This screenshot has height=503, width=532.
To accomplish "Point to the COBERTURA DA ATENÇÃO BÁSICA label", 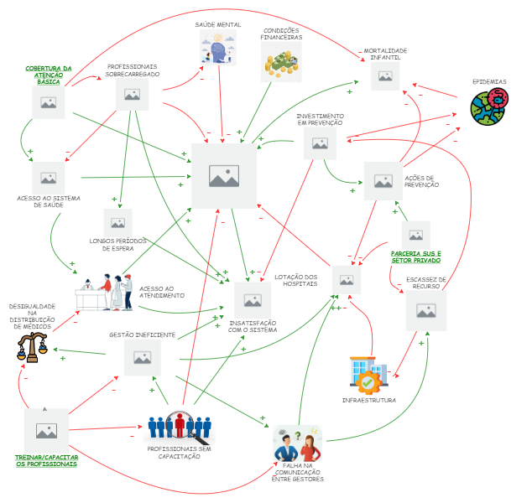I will coord(49,75).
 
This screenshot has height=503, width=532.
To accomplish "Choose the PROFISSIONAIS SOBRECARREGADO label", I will coord(133,70).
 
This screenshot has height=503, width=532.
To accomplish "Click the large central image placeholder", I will coord(223,176).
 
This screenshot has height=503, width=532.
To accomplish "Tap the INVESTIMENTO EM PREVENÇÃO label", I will coord(320,120).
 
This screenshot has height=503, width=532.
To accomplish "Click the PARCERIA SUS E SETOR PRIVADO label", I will coord(415,257).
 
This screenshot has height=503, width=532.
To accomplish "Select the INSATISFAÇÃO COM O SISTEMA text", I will coord(253,326).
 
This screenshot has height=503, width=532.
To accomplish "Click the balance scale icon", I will coord(32,345).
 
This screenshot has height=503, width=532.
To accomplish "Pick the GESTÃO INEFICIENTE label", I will coord(142,334).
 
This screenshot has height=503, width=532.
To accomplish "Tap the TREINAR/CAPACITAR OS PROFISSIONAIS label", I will coord(47,460).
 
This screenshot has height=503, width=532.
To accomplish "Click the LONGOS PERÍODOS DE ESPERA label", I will coord(117,244).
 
